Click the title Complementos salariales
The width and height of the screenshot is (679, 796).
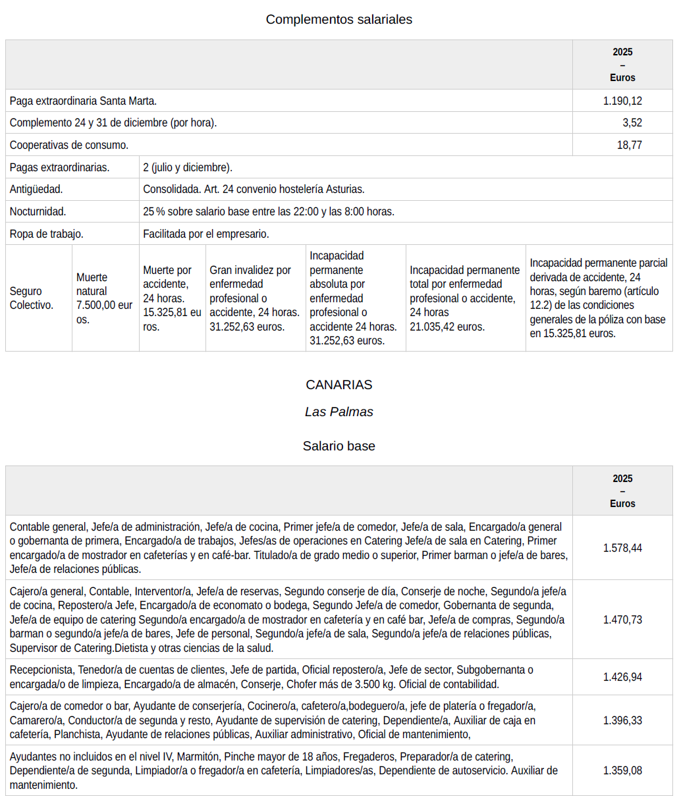[339, 19]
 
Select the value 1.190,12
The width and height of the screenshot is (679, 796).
[622, 101]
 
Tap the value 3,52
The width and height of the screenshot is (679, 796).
[632, 122]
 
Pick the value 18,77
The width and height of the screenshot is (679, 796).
[629, 145]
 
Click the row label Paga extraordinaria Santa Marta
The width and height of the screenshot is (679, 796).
[83, 101]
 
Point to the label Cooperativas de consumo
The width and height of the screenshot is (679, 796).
[69, 145]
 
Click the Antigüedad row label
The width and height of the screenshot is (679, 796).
[36, 189]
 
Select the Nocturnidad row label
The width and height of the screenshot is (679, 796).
[38, 211]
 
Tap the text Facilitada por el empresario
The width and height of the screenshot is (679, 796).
[206, 234]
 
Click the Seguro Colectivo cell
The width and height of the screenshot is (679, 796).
[26, 298]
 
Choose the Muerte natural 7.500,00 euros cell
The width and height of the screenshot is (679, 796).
[104, 298]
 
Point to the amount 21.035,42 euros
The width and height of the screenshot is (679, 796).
[447, 327]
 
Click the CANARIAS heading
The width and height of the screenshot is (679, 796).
[339, 385]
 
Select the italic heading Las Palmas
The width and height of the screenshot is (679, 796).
[339, 411]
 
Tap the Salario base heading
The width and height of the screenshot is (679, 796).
[339, 446]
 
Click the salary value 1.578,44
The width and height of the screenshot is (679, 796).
[622, 548]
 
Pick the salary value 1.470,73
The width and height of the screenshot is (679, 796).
[622, 620]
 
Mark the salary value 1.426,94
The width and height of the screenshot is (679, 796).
[622, 677]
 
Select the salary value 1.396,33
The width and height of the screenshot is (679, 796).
[622, 720]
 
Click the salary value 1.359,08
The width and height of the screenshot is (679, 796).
[622, 770]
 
